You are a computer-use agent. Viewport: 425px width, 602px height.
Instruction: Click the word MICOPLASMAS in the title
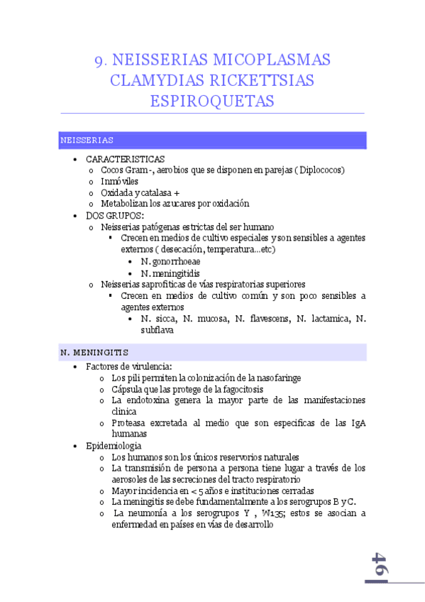[262, 60]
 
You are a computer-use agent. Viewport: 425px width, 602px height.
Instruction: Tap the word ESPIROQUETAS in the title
[212, 102]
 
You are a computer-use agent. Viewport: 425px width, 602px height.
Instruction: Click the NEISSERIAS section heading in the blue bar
[87, 141]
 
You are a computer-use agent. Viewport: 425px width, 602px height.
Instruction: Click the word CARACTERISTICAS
[125, 159]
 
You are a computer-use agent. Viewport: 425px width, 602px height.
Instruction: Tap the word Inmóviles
[119, 181]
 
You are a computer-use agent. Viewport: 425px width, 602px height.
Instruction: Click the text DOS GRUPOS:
[114, 215]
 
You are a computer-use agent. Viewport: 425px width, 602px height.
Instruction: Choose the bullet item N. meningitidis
[170, 273]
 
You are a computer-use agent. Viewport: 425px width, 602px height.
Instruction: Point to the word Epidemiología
[114, 445]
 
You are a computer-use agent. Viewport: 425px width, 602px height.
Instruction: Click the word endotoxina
[158, 400]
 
